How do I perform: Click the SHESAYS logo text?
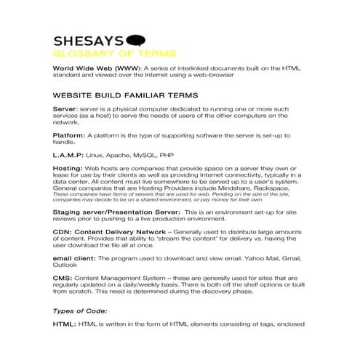click(x=89, y=41)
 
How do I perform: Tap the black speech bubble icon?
click(x=136, y=41)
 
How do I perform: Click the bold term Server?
click(x=65, y=108)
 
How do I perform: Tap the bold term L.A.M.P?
click(x=68, y=155)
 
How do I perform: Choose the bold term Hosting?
click(x=68, y=168)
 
